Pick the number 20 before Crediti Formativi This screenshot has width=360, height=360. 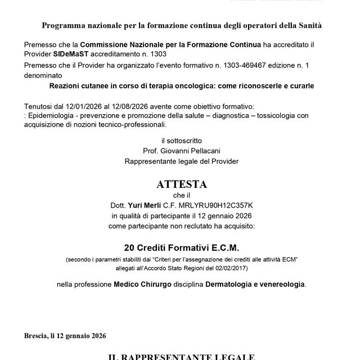pos(130,247)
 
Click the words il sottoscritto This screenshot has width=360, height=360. pos(181,140)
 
